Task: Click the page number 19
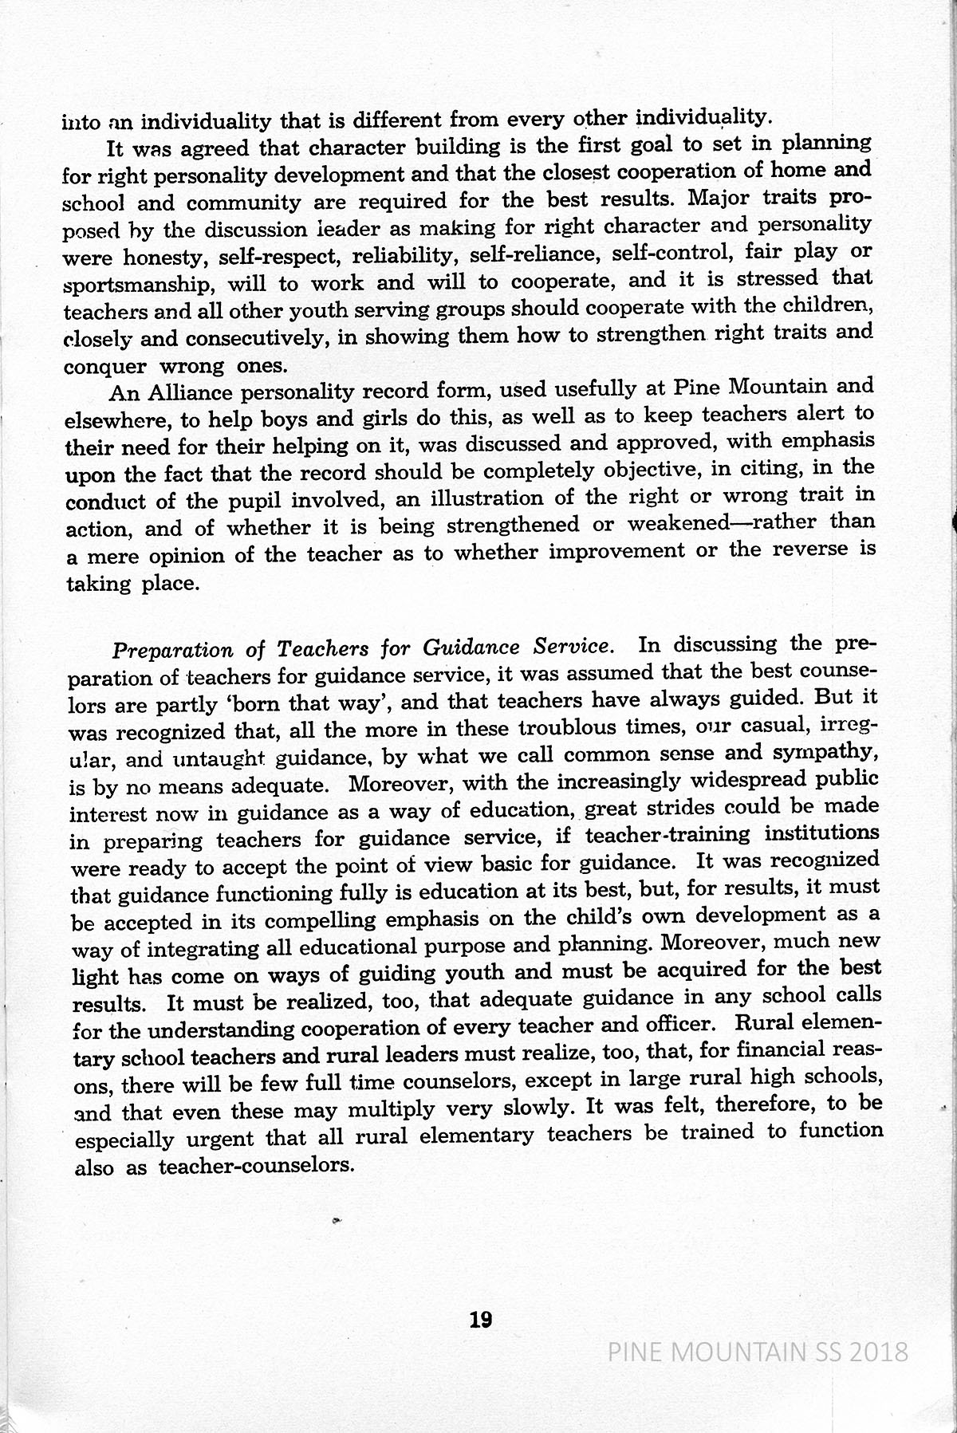[x=481, y=1320]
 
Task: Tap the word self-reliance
[x=530, y=255]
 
